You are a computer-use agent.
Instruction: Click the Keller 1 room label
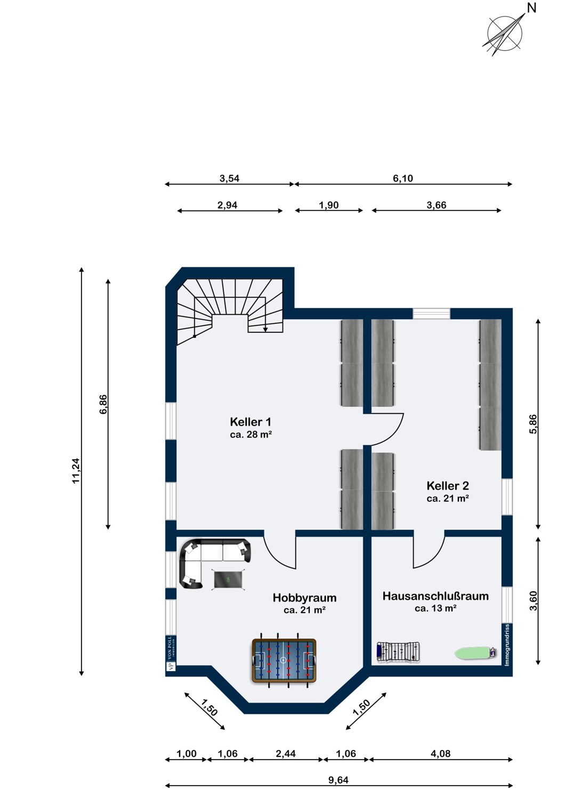pos(251,422)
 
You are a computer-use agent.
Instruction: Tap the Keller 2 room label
pos(448,485)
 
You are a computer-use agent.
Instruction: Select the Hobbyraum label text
pos(304,598)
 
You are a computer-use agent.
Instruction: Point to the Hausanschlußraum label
pos(435,596)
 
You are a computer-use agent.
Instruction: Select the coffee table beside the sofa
pos(229,579)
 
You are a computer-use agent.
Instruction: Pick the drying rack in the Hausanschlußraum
pos(398,653)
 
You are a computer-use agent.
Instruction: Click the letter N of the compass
pos(531,8)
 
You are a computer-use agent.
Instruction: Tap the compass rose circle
pos(505,34)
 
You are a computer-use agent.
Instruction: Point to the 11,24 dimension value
pos(76,470)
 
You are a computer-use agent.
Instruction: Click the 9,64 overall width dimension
pos(338,780)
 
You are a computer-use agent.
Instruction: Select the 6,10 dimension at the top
pos(403,178)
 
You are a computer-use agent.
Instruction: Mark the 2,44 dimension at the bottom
pos(286,754)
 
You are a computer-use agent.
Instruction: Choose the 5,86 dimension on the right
pos(532,424)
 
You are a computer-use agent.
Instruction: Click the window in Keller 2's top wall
pos(431,314)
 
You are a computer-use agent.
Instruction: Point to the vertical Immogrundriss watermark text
pos(507,645)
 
